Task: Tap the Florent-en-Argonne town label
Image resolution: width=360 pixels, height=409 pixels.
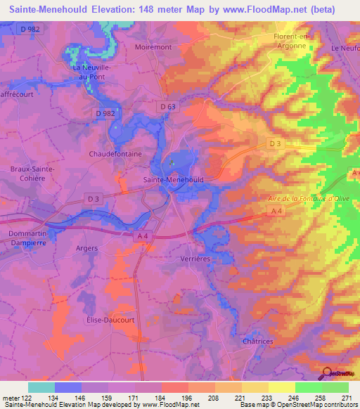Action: (290, 41)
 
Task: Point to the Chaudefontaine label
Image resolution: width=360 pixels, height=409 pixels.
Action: (115, 153)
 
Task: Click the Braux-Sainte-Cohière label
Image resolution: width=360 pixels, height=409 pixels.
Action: (27, 174)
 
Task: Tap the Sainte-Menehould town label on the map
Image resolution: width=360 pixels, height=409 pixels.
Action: (173, 180)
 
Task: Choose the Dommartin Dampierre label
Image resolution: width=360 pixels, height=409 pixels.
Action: (27, 238)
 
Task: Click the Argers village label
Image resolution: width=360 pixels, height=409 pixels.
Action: (86, 249)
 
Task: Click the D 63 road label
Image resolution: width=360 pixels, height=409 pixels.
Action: (167, 107)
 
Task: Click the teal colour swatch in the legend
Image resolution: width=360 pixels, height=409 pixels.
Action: (41, 387)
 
